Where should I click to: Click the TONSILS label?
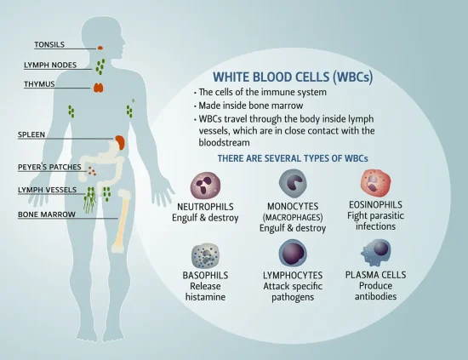(x=49, y=44)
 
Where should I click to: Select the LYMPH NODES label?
(x=50, y=65)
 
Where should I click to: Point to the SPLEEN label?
(x=31, y=134)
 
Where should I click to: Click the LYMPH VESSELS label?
(x=47, y=190)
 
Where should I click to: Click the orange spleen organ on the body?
(x=120, y=143)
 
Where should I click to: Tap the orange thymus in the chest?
(x=100, y=87)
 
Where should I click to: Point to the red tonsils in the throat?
(x=100, y=46)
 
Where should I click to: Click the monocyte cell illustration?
(x=293, y=182)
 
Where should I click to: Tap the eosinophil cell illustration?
(x=374, y=182)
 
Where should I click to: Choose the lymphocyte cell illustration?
(x=293, y=253)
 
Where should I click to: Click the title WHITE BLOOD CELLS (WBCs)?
(x=292, y=77)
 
